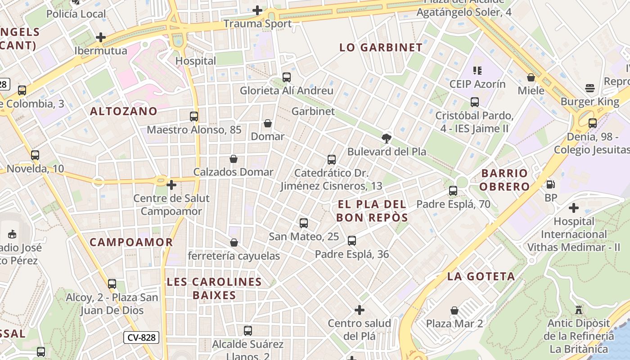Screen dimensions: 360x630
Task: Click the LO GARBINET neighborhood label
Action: [381, 47]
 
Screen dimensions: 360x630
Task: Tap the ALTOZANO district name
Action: [124, 111]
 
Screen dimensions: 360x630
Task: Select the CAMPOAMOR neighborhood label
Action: [131, 242]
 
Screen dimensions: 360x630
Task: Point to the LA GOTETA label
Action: [481, 276]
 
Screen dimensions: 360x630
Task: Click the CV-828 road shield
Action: [141, 337]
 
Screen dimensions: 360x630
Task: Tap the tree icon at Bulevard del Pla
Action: [386, 138]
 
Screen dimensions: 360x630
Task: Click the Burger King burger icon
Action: [590, 88]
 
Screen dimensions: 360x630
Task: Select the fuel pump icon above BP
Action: [550, 184]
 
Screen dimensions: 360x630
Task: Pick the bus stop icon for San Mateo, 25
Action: [304, 223]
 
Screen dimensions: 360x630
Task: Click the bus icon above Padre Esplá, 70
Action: [453, 191]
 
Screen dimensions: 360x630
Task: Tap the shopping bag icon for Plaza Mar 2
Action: [454, 310]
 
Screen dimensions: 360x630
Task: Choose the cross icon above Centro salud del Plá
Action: [360, 310]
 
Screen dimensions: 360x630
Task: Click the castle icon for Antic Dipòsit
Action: [579, 310]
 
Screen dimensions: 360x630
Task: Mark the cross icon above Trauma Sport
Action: [257, 10]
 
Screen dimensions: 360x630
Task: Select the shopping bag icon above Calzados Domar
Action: [233, 159]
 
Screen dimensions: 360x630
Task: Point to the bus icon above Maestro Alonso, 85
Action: [194, 117]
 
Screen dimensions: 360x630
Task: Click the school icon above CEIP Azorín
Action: [477, 71]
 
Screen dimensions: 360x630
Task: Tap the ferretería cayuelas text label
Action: [234, 256]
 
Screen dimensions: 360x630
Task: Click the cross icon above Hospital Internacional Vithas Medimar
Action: [573, 208]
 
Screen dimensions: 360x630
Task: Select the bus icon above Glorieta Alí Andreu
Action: [287, 77]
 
